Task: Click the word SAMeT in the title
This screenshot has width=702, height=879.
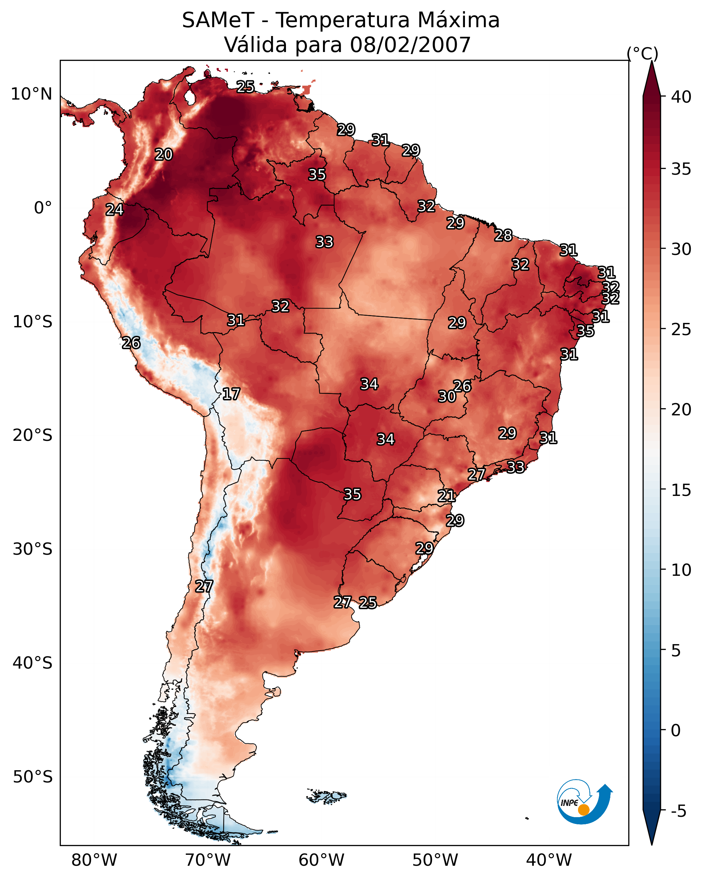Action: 218,20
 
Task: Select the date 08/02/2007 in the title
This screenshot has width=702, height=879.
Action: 410,45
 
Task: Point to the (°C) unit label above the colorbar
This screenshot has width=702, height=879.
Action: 642,53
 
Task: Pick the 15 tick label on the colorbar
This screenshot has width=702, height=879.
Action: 681,490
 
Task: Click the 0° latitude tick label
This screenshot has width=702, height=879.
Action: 43,208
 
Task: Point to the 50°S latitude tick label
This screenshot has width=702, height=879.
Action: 33,777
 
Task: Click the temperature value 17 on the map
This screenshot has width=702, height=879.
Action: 231,394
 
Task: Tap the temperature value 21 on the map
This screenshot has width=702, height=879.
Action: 447,496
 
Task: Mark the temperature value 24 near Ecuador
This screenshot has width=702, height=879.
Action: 114,210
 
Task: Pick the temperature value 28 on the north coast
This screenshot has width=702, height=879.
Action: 503,235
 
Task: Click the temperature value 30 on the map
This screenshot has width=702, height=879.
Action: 447,396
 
